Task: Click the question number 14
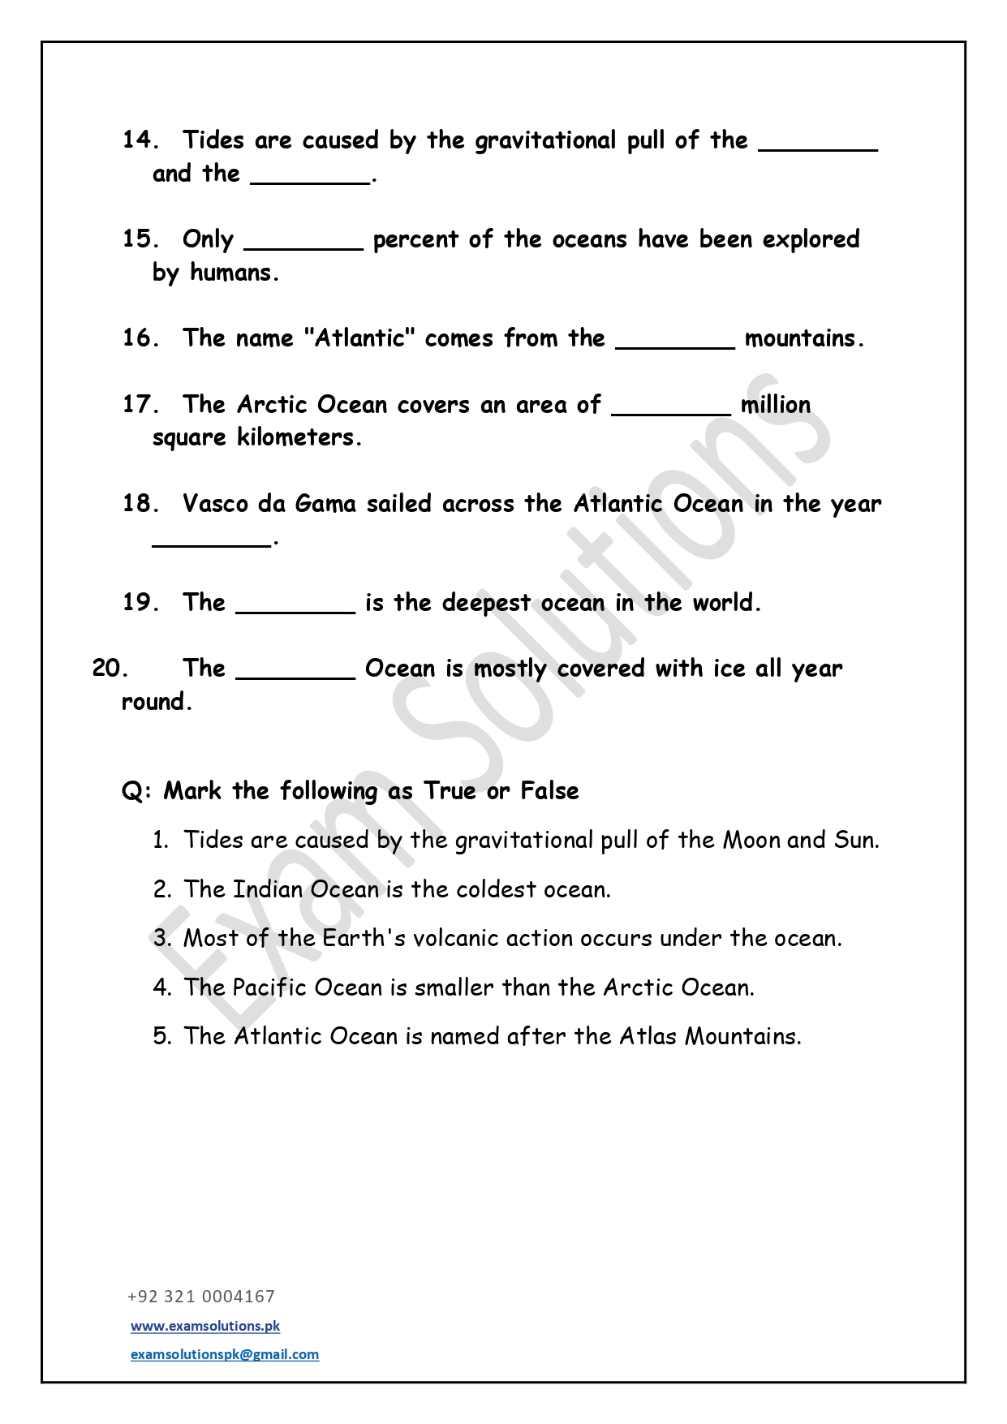pos(140,140)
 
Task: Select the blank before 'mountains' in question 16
pos(675,344)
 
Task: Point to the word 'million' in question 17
pos(776,404)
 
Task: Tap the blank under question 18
pos(212,543)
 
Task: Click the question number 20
pos(110,669)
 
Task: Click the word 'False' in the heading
pos(549,791)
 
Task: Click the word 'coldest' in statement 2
pos(496,889)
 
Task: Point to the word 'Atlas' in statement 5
pos(648,1036)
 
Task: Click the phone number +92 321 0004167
pos(201,1297)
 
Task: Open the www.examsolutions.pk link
pos(205,1326)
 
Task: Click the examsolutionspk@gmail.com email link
pos(225,1354)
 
